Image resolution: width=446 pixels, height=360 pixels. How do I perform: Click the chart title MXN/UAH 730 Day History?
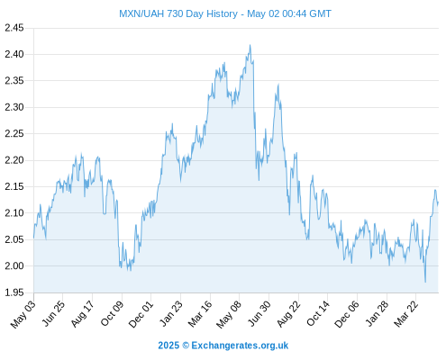click(178, 13)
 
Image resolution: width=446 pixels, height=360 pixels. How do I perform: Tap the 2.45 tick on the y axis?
click(14, 28)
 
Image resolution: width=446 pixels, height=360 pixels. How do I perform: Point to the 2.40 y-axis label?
click(14, 54)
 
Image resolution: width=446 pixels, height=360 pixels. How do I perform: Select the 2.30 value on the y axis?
click(14, 107)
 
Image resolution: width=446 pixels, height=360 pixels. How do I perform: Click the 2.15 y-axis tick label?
click(14, 186)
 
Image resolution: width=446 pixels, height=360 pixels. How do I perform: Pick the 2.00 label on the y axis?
click(14, 265)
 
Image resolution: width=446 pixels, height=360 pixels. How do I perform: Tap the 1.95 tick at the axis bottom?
click(14, 292)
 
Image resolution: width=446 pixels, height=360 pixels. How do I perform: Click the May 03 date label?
click(23, 314)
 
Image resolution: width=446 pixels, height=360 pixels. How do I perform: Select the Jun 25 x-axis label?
click(53, 313)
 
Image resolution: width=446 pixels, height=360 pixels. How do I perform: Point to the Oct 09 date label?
click(112, 313)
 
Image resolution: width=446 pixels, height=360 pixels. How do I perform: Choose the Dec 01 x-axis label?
click(141, 314)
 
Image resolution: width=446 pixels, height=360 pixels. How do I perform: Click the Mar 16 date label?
click(200, 313)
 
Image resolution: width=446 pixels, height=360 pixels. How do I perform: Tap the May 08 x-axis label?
click(229, 314)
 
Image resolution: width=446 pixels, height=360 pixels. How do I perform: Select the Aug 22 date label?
click(288, 313)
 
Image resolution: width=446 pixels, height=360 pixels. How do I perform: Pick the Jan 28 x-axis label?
click(377, 313)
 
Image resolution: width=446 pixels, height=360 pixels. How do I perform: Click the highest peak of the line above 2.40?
click(250, 45)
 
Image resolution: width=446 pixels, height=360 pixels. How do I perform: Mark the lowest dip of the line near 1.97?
click(425, 282)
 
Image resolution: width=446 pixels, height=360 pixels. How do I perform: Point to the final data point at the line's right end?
click(438, 202)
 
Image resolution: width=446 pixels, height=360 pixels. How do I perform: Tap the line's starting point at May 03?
click(33, 238)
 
